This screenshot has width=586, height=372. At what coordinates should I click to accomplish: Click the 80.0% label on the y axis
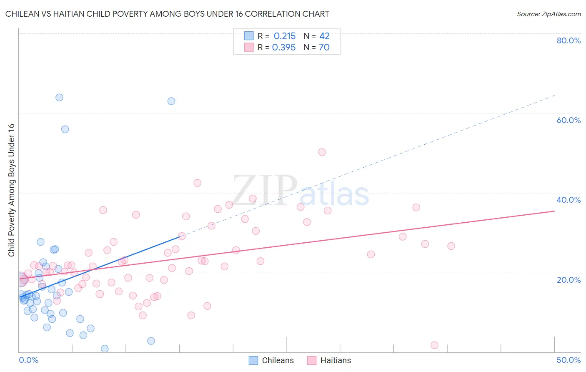(x=568, y=40)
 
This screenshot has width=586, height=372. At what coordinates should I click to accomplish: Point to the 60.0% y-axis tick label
(x=568, y=120)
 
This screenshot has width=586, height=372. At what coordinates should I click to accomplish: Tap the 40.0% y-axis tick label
(x=568, y=200)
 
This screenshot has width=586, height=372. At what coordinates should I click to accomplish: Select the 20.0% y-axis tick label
(x=568, y=280)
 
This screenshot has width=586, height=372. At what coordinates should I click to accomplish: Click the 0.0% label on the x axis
(x=28, y=360)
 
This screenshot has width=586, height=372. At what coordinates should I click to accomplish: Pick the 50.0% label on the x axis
(x=568, y=360)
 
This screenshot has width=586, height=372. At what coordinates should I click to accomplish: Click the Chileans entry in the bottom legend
(x=278, y=360)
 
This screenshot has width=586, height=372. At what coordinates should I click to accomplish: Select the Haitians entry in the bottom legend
(x=336, y=360)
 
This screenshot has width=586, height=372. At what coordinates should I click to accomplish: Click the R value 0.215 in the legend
(x=285, y=36)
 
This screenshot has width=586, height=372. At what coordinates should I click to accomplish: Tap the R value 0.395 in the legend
(x=284, y=48)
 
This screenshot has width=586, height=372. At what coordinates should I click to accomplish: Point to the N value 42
(x=324, y=36)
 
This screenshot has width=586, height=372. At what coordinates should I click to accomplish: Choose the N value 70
(x=324, y=48)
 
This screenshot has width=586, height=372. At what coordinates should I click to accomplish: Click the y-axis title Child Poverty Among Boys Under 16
(x=12, y=190)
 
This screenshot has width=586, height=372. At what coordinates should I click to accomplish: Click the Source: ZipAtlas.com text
(x=549, y=14)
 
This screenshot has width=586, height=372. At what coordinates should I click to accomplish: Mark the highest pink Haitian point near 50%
(x=322, y=152)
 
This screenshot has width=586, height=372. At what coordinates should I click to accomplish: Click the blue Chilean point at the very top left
(x=59, y=98)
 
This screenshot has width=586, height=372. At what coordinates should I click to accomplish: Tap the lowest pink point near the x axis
(x=434, y=345)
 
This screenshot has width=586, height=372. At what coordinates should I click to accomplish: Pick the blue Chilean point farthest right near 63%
(x=171, y=101)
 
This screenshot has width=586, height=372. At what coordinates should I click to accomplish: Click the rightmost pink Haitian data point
(x=451, y=246)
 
